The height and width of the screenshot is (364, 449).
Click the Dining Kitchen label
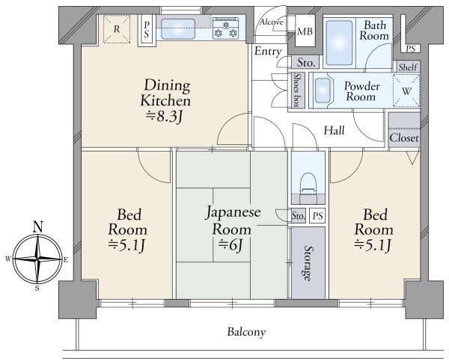pyautogui.click(x=165, y=93)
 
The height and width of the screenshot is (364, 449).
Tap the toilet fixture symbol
pyautogui.click(x=308, y=188)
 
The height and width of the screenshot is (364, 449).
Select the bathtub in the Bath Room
pyautogui.click(x=339, y=43)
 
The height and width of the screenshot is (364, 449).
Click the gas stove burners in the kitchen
pyautogui.click(x=226, y=28)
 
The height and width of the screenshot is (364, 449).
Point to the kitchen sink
pyautogui.click(x=178, y=28)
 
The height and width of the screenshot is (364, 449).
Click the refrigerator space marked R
pyautogui.click(x=117, y=29)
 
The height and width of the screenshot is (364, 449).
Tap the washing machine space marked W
pyautogui.click(x=406, y=91)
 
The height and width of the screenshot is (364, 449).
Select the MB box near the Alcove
pyautogui.click(x=305, y=31)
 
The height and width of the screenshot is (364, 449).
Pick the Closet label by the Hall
pyautogui.click(x=404, y=138)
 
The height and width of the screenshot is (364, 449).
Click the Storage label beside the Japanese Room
pyautogui.click(x=308, y=263)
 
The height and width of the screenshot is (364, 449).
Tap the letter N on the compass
pyautogui.click(x=38, y=227)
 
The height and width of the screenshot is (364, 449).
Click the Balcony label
pyautogui.click(x=246, y=333)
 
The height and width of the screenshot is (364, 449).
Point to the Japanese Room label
pyautogui.click(x=233, y=220)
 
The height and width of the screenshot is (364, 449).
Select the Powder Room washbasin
pyautogui.click(x=323, y=90)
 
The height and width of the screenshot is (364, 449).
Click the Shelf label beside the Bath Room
pyautogui.click(x=408, y=67)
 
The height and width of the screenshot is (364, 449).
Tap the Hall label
pyautogui.click(x=334, y=131)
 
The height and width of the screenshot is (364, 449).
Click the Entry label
pyautogui.click(x=268, y=52)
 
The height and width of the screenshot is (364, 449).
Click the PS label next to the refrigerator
pyautogui.click(x=147, y=29)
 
